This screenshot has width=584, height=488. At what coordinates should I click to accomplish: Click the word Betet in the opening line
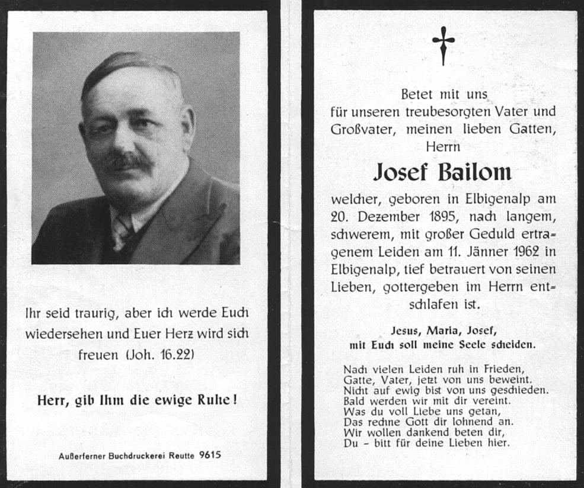tap(417, 94)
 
